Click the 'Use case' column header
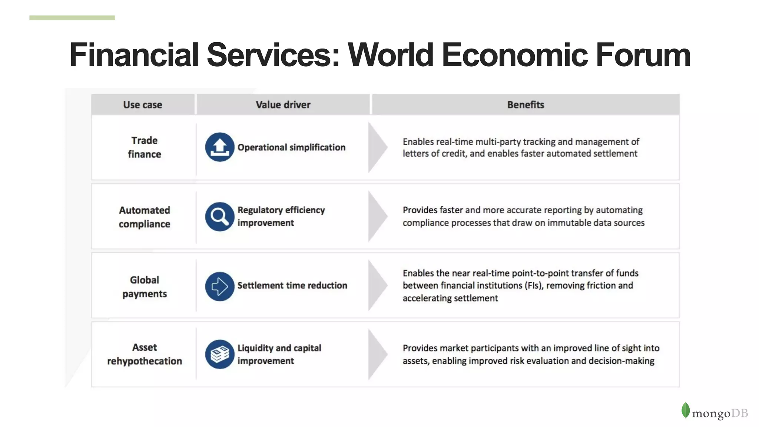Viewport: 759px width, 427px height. tap(143, 105)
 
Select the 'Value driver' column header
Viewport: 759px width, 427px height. tap(283, 105)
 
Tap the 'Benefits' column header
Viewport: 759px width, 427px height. tap(526, 105)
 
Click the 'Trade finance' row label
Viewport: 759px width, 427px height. tap(145, 147)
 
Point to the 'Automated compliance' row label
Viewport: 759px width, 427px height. tap(145, 217)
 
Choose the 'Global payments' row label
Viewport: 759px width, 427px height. tap(145, 287)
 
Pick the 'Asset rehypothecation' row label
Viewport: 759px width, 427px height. tap(145, 354)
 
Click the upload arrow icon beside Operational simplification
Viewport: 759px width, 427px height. tap(220, 147)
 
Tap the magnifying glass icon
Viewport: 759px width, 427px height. tap(220, 217)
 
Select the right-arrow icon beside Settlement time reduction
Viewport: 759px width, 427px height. tap(220, 286)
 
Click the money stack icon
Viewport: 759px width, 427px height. tap(220, 354)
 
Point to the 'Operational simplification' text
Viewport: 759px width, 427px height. tap(291, 147)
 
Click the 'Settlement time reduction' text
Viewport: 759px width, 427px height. tap(292, 286)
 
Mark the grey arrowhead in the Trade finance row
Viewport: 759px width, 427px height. tap(377, 147)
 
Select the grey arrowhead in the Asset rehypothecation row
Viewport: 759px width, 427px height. tap(377, 354)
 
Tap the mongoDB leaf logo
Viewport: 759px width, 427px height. tap(685, 410)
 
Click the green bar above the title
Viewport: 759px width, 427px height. tap(72, 18)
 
